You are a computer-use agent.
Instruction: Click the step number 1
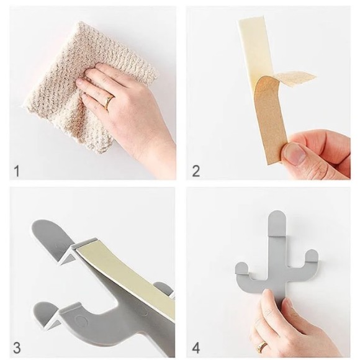17,171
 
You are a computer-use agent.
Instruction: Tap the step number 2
196,171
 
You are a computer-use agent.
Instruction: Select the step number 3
17,348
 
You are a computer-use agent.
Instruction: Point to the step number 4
196,348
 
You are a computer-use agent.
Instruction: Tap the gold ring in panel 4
262,346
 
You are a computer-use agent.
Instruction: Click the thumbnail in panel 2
294,153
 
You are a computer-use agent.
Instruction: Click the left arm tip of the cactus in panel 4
241,269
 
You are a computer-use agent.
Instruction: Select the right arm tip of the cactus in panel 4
312,256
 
